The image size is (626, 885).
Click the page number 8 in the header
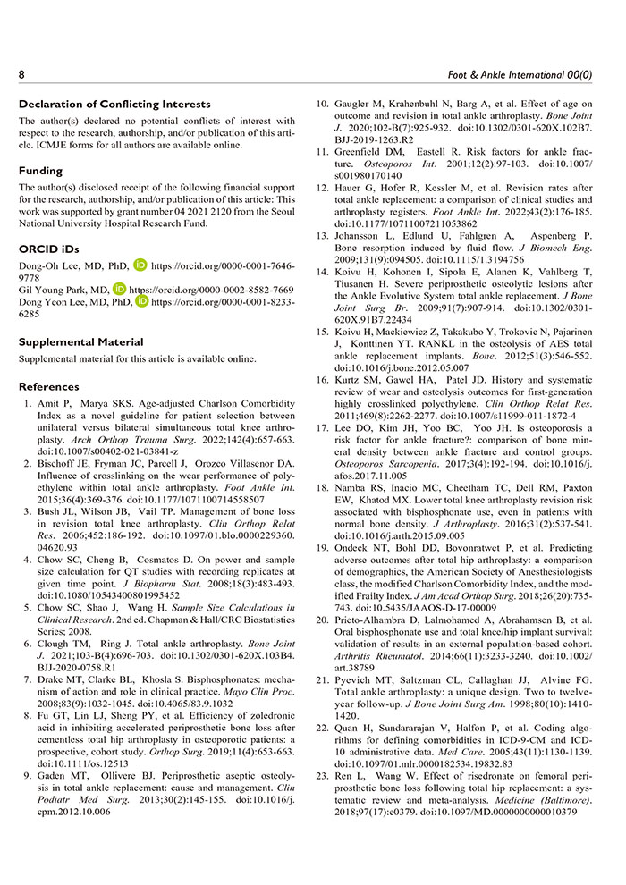(x=22, y=72)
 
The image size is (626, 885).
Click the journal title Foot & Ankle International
(x=525, y=72)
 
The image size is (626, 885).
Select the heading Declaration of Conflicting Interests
(x=114, y=105)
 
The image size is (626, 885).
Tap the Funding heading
(x=41, y=171)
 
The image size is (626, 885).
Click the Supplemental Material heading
(x=80, y=341)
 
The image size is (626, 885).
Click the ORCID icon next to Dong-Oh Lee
(x=140, y=265)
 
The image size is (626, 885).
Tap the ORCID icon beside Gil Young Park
(x=120, y=291)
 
